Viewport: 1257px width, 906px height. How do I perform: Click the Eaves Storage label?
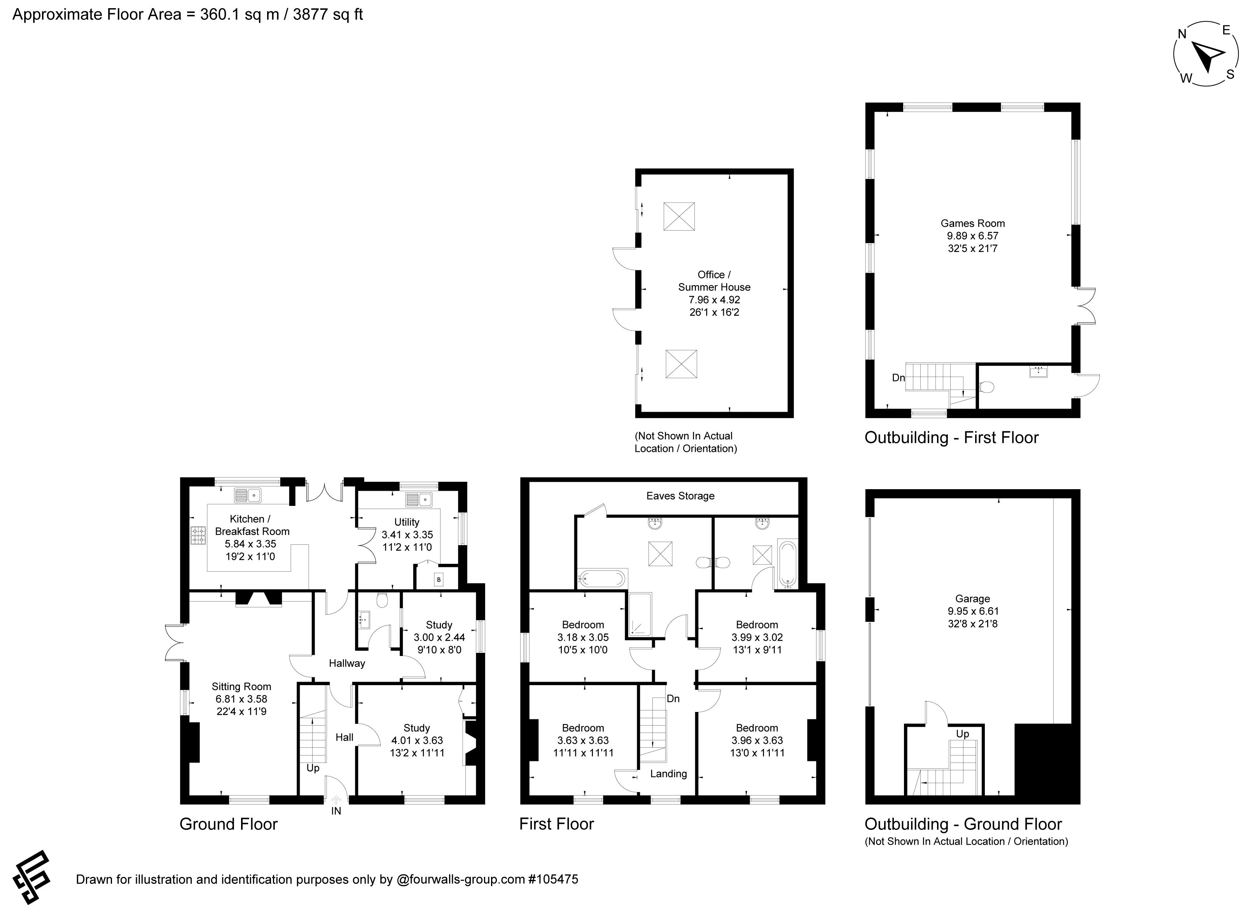point(680,496)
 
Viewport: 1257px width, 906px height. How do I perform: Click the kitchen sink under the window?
point(248,495)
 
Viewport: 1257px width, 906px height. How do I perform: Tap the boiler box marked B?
point(439,580)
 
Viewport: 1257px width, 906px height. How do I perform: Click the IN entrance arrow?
point(336,799)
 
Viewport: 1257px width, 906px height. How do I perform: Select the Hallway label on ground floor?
point(347,663)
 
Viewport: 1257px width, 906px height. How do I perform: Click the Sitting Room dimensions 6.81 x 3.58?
point(242,699)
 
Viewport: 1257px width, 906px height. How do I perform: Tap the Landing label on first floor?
point(668,773)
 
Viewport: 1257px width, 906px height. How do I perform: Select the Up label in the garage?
point(962,734)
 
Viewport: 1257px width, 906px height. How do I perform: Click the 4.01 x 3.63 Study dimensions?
point(417,740)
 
